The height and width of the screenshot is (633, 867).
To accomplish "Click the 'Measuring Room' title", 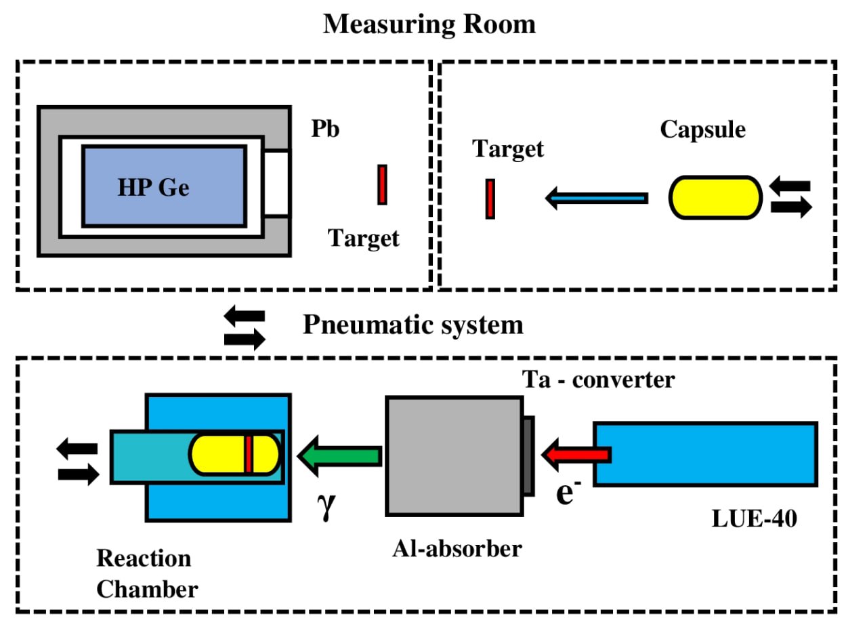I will click(429, 24).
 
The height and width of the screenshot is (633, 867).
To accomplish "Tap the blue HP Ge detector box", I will click(164, 186).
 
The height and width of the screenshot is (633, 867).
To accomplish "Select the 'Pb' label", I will click(325, 129).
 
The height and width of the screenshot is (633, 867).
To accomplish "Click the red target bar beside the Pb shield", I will click(382, 184).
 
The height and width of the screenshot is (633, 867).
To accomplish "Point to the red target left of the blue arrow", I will click(490, 198).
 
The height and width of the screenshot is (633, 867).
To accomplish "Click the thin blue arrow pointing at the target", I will click(596, 198).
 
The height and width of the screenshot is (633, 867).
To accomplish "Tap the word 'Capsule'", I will click(702, 129).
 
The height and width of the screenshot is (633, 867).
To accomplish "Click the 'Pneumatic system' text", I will click(413, 325).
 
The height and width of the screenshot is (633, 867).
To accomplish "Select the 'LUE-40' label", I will click(755, 520).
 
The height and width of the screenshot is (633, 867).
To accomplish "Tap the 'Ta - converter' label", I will click(598, 380).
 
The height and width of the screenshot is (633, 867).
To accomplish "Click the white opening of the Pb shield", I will click(276, 184).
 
